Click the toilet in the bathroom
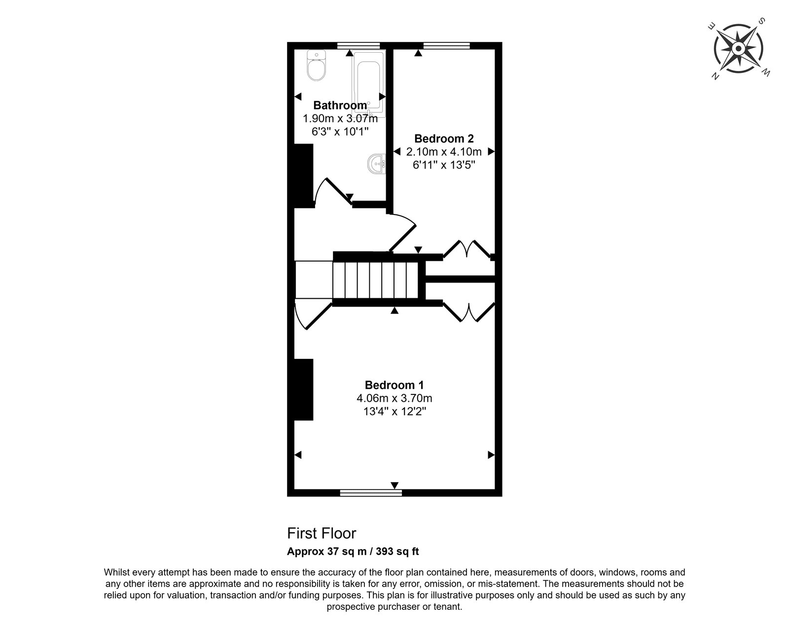click(x=316, y=66)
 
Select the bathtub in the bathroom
click(x=368, y=83)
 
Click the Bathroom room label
click(x=340, y=105)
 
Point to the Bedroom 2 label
click(x=444, y=139)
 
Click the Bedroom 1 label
click(x=394, y=385)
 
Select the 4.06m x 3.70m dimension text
click(x=394, y=398)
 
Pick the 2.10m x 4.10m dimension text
click(x=444, y=152)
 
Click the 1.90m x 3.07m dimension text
click(x=340, y=119)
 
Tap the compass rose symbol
click(x=738, y=48)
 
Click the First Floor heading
click(x=322, y=533)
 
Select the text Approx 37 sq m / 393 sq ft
click(x=353, y=552)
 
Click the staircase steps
click(x=375, y=280)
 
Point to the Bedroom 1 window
click(x=371, y=493)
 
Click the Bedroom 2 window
click(x=446, y=45)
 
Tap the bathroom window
click(x=358, y=45)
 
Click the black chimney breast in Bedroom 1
click(x=304, y=389)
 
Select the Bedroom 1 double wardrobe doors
click(x=469, y=312)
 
